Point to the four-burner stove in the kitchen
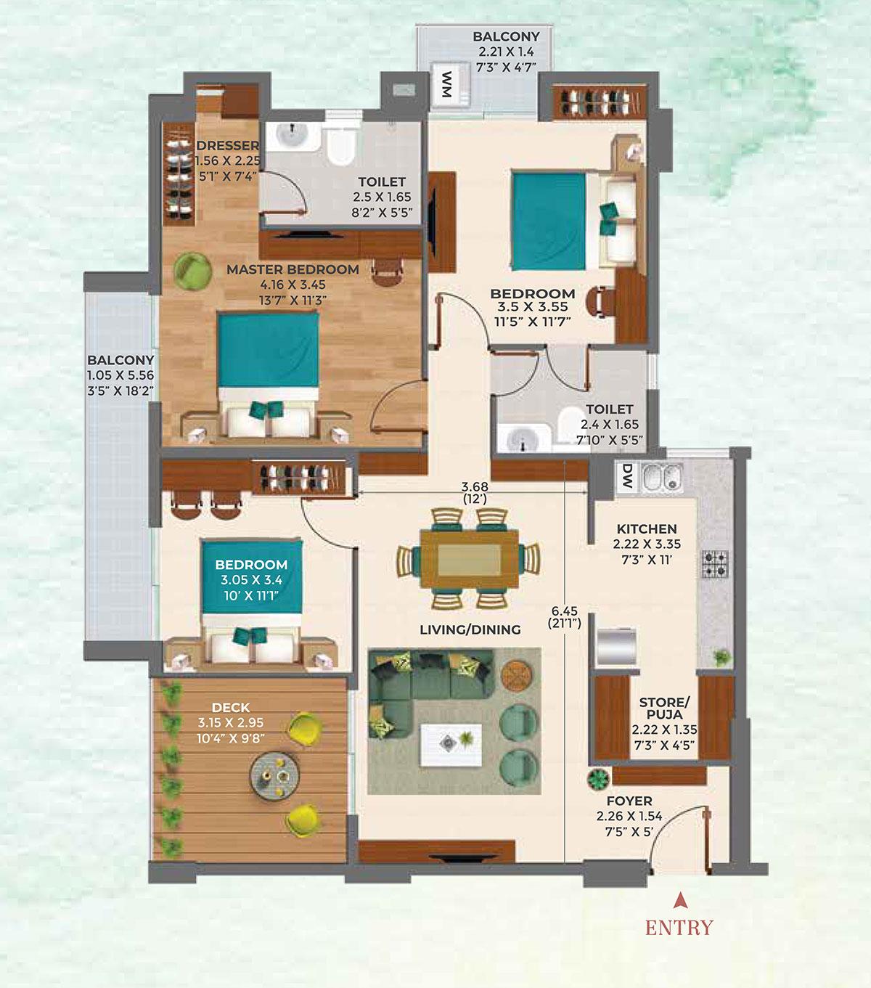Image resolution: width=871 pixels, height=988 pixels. [x=715, y=563]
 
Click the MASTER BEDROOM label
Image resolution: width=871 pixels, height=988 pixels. [x=293, y=269]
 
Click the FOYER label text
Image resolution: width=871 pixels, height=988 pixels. [x=629, y=801]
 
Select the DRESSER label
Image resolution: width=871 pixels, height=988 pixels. [x=227, y=146]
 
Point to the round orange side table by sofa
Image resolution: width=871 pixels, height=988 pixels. [x=517, y=677]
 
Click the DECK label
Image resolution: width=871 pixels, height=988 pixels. [x=232, y=708]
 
